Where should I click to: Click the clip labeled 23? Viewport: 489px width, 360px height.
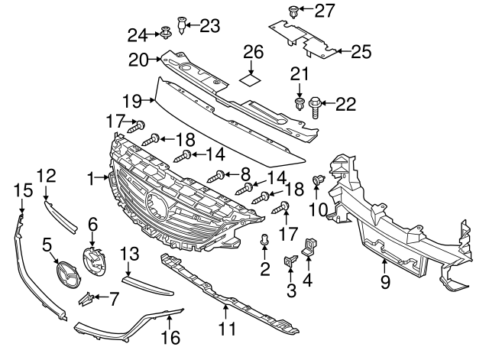183,25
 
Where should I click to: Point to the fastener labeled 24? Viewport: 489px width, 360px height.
164,33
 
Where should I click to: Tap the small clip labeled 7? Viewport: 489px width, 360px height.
89,297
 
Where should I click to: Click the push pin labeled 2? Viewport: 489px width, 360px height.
264,242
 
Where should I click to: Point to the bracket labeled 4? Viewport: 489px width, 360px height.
311,245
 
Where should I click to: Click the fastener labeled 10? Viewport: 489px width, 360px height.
317,182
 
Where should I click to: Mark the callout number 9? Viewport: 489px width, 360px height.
384,281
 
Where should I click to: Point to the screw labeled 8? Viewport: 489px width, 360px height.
221,176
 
